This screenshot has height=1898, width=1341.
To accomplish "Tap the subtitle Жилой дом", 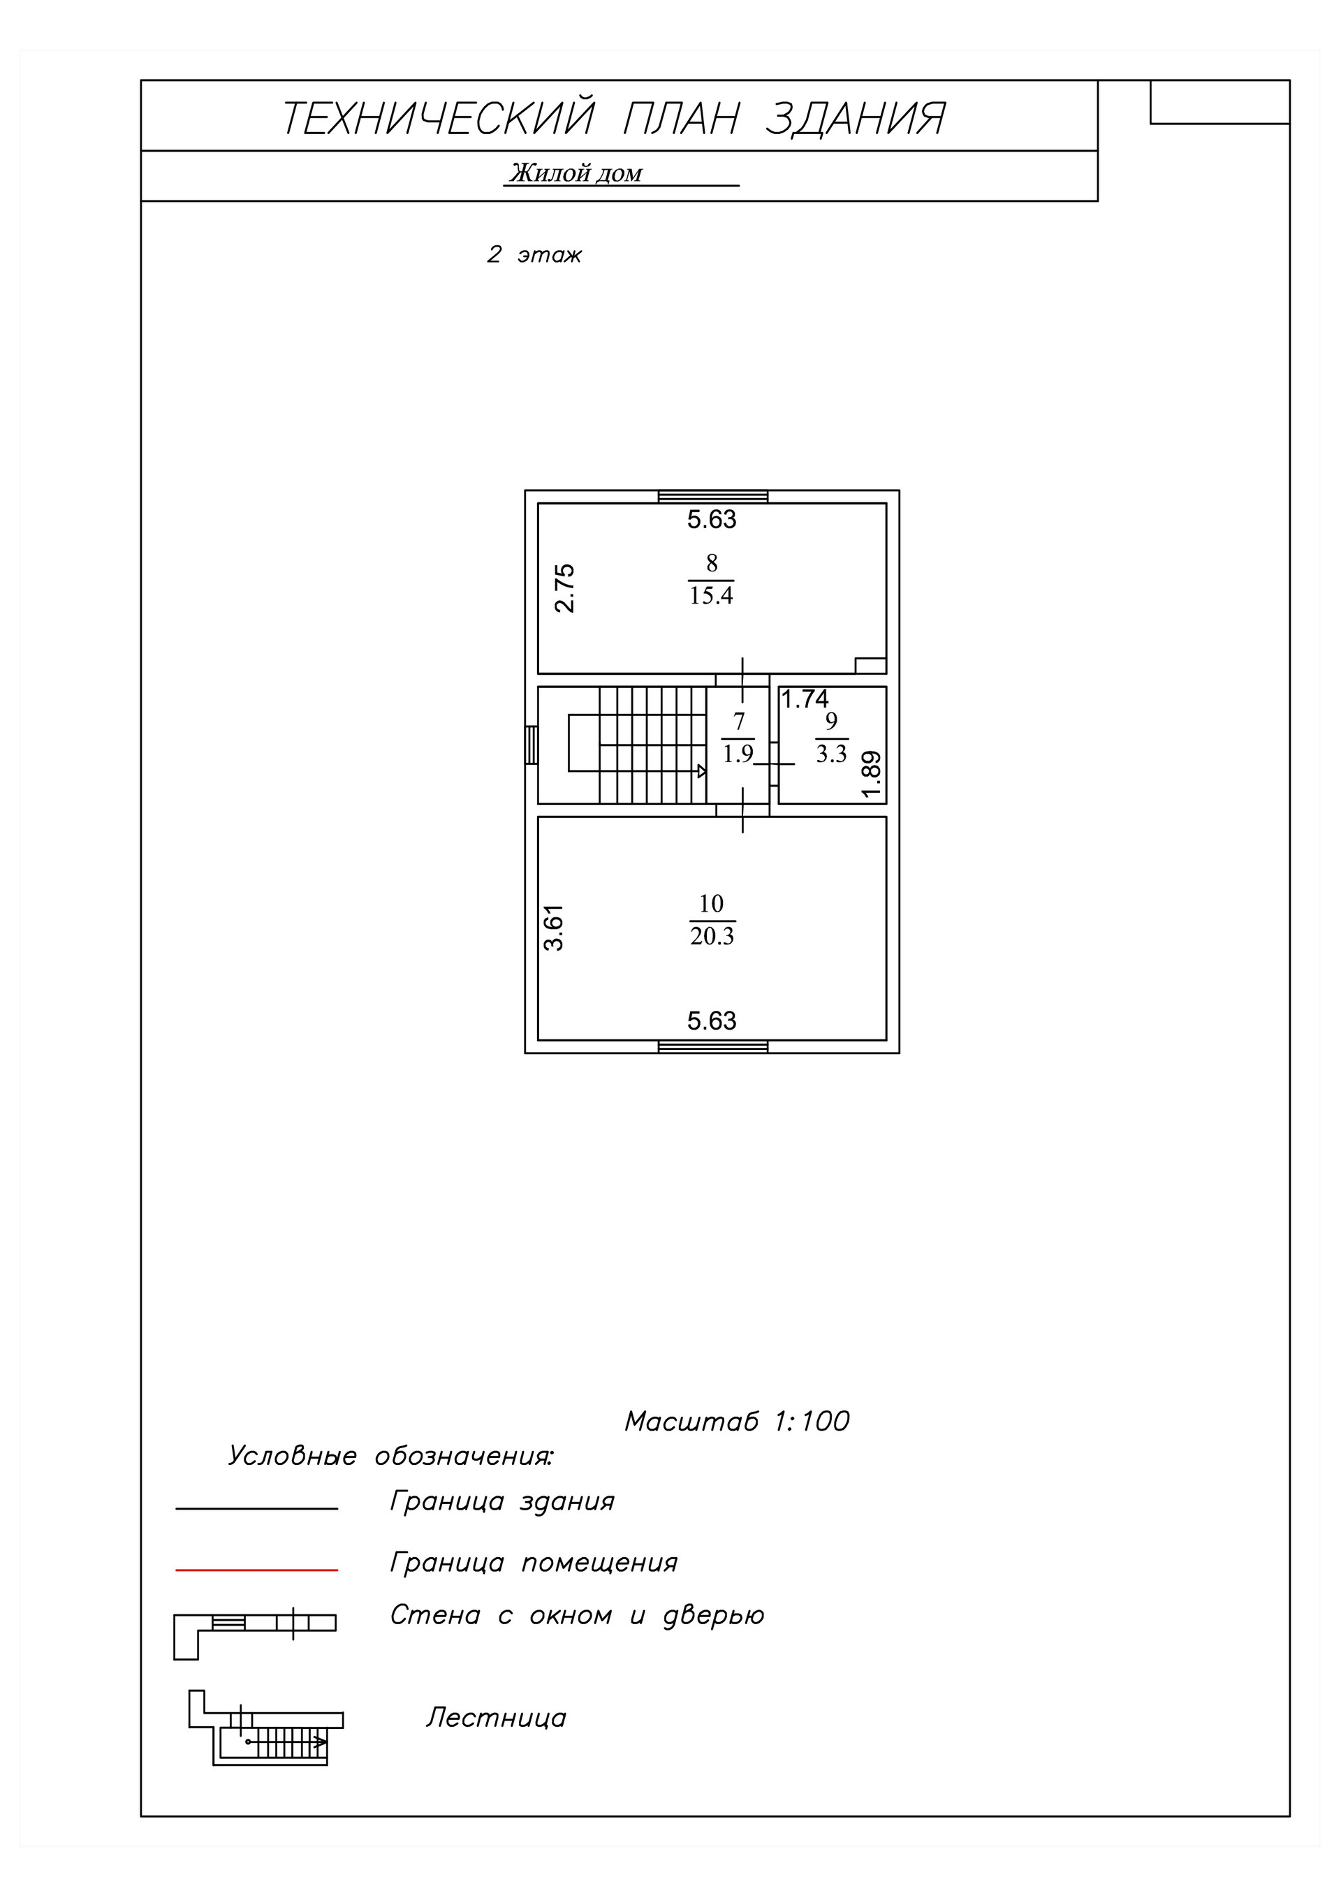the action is coord(576,174).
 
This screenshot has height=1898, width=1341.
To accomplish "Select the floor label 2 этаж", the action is coord(534,254).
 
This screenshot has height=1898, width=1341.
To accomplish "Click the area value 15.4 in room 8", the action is coord(711,595).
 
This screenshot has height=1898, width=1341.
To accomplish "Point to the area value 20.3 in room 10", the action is coord(712,936).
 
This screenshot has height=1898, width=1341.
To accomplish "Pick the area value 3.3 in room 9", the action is coord(832,754).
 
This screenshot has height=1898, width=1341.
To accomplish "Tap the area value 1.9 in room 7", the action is coord(738,754).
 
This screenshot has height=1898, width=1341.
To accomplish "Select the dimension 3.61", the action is coord(554,928).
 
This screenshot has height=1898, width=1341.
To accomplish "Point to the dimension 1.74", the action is coord(805,699).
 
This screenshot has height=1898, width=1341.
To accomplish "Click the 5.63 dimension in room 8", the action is coord(712,519).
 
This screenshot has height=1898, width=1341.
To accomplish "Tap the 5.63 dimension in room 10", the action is coord(712,1021).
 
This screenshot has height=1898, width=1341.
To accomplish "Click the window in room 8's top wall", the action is coord(712,497).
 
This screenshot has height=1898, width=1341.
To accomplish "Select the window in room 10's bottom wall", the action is coord(712,1046).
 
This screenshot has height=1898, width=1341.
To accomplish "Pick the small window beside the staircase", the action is coord(532,744).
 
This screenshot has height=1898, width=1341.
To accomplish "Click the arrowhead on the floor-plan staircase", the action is coord(702,771).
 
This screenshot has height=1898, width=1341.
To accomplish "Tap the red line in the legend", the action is coord(256,1569).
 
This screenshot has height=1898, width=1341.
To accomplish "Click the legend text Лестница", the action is coord(496,1718).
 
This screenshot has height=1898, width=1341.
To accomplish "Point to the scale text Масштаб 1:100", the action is coord(737,1421).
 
